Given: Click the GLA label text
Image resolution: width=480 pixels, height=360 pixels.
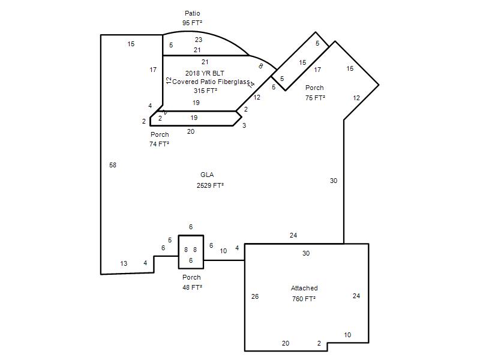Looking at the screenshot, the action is pyautogui.click(x=207, y=175).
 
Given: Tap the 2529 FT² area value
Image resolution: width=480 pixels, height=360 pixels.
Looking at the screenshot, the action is pyautogui.click(x=210, y=185).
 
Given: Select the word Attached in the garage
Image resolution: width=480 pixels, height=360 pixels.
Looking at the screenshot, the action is pyautogui.click(x=304, y=288).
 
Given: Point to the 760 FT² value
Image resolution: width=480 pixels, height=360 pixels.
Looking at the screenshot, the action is pyautogui.click(x=304, y=298).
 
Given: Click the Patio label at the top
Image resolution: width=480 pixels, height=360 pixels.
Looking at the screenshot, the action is pyautogui.click(x=192, y=13).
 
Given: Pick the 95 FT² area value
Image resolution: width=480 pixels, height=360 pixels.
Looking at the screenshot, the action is pyautogui.click(x=192, y=23).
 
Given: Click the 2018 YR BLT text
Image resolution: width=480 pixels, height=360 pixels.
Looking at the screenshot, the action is pyautogui.click(x=205, y=73).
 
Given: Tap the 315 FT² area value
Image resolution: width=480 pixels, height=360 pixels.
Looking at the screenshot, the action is pyautogui.click(x=205, y=91).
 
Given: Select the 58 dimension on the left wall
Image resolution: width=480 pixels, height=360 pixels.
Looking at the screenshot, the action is pyautogui.click(x=113, y=166).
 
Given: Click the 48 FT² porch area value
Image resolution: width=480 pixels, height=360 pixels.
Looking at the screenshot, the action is pyautogui.click(x=192, y=287).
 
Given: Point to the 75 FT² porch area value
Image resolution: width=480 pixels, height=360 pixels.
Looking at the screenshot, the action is pyautogui.click(x=315, y=98).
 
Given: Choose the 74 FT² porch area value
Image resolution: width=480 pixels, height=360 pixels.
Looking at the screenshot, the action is pyautogui.click(x=159, y=144).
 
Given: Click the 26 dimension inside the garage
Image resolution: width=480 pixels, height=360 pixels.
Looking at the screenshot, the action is pyautogui.click(x=254, y=296).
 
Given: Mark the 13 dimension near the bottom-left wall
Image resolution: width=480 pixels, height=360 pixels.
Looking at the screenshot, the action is pyautogui.click(x=124, y=263).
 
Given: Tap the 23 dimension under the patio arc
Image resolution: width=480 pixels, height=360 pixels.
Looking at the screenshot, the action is pyautogui.click(x=199, y=40).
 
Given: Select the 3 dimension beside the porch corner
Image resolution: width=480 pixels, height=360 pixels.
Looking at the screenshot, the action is pyautogui.click(x=244, y=125).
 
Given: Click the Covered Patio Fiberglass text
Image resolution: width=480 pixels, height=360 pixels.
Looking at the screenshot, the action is pyautogui.click(x=211, y=82).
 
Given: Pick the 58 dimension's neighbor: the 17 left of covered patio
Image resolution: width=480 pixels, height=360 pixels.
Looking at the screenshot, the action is pyautogui.click(x=153, y=70).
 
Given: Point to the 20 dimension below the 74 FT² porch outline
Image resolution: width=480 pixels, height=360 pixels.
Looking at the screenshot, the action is pyautogui.click(x=191, y=131).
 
